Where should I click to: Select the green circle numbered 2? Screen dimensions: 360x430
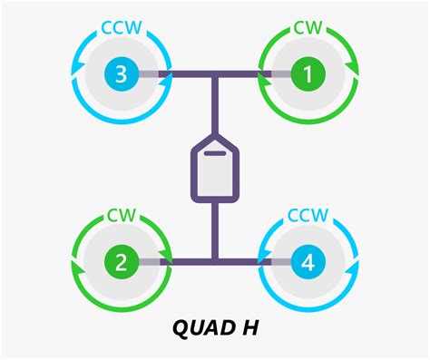pyautogui.click(x=120, y=263)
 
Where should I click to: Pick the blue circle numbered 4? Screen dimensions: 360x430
pyautogui.click(x=308, y=263)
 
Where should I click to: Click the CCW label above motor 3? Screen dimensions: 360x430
pyautogui.click(x=120, y=27)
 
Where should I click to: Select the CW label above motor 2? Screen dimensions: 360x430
pyautogui.click(x=120, y=216)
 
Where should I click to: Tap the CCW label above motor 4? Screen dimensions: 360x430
pyautogui.click(x=308, y=216)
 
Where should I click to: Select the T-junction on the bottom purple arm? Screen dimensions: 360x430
pyautogui.click(x=214, y=263)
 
